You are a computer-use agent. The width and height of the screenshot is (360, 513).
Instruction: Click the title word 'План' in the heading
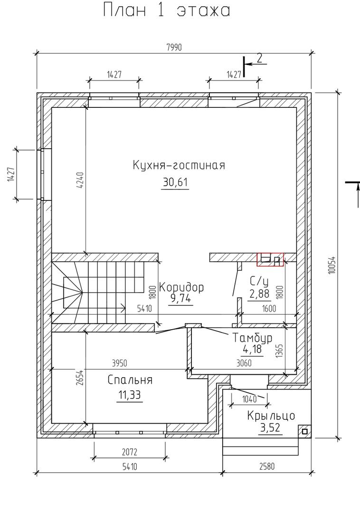point(125,10)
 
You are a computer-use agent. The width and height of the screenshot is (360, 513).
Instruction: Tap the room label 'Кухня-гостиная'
point(179,165)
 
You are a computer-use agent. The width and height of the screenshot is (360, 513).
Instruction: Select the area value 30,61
point(175,182)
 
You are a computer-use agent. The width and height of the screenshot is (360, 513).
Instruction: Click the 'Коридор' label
point(181,287)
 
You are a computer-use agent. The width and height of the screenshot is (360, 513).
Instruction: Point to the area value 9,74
point(180,298)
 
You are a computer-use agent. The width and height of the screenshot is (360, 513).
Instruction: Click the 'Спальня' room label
point(130,380)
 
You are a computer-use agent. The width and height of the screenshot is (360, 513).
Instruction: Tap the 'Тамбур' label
point(252,338)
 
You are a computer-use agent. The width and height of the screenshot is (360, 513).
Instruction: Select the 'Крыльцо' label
point(271,416)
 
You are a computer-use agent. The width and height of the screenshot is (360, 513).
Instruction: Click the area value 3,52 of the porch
point(270,427)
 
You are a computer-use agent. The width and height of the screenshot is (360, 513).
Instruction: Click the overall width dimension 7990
point(174,48)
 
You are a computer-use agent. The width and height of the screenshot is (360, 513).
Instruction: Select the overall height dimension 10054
point(332,264)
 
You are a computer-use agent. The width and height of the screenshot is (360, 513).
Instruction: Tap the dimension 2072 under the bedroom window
point(130,452)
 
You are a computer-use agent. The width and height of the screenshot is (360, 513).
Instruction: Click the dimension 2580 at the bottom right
point(267,466)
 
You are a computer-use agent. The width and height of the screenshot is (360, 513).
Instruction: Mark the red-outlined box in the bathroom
point(270,260)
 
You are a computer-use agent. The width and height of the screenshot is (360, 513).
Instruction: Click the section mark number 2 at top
point(260,58)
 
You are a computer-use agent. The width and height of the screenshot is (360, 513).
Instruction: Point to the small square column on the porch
point(305,431)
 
